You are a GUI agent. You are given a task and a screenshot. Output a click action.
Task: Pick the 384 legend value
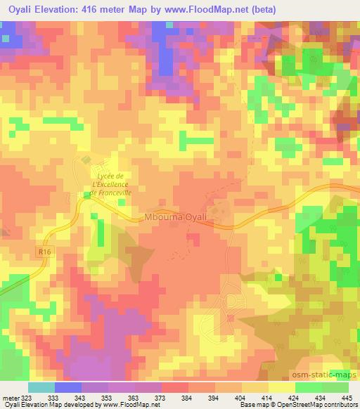click(x=186, y=397)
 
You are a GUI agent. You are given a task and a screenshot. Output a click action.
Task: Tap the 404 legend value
click(x=239, y=397)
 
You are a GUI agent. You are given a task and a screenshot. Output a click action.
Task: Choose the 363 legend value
click(x=132, y=397)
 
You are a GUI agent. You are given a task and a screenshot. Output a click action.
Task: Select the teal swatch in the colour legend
click(x=41, y=387)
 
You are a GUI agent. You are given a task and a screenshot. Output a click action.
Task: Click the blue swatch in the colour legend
click(x=67, y=387)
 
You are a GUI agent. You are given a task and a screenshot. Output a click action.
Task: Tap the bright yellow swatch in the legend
click(x=281, y=387)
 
